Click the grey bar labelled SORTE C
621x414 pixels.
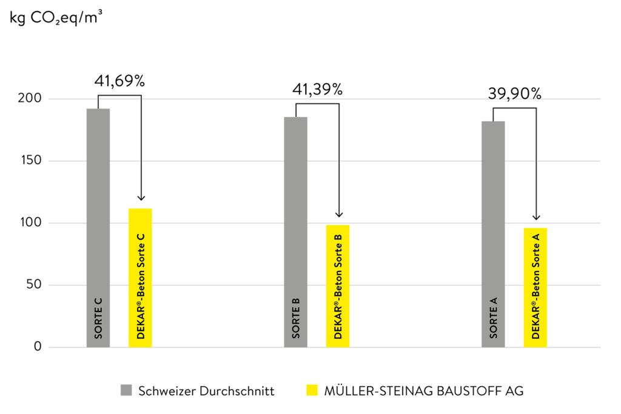[98, 228]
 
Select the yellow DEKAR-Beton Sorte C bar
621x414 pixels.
[140, 278]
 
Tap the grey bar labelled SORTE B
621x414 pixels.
[296, 232]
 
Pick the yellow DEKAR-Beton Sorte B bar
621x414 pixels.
[338, 286]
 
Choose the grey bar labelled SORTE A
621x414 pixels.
[493, 235]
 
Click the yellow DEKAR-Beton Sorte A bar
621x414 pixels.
[535, 288]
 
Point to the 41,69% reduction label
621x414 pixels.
[119, 81]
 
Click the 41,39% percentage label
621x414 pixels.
[318, 90]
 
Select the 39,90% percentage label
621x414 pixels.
[514, 94]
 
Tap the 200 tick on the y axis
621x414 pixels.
[30, 98]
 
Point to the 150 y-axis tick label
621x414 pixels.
[32, 160]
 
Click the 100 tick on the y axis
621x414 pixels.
[32, 222]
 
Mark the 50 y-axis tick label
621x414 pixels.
[34, 284]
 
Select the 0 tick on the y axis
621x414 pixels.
[38, 347]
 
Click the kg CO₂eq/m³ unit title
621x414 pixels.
[56, 18]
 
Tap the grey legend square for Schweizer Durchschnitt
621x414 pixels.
[126, 390]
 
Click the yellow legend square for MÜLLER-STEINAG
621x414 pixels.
[312, 390]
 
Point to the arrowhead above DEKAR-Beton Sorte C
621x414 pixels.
[141, 198]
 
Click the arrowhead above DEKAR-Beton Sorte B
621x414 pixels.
[338, 215]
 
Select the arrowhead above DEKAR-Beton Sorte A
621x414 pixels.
[536, 217]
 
